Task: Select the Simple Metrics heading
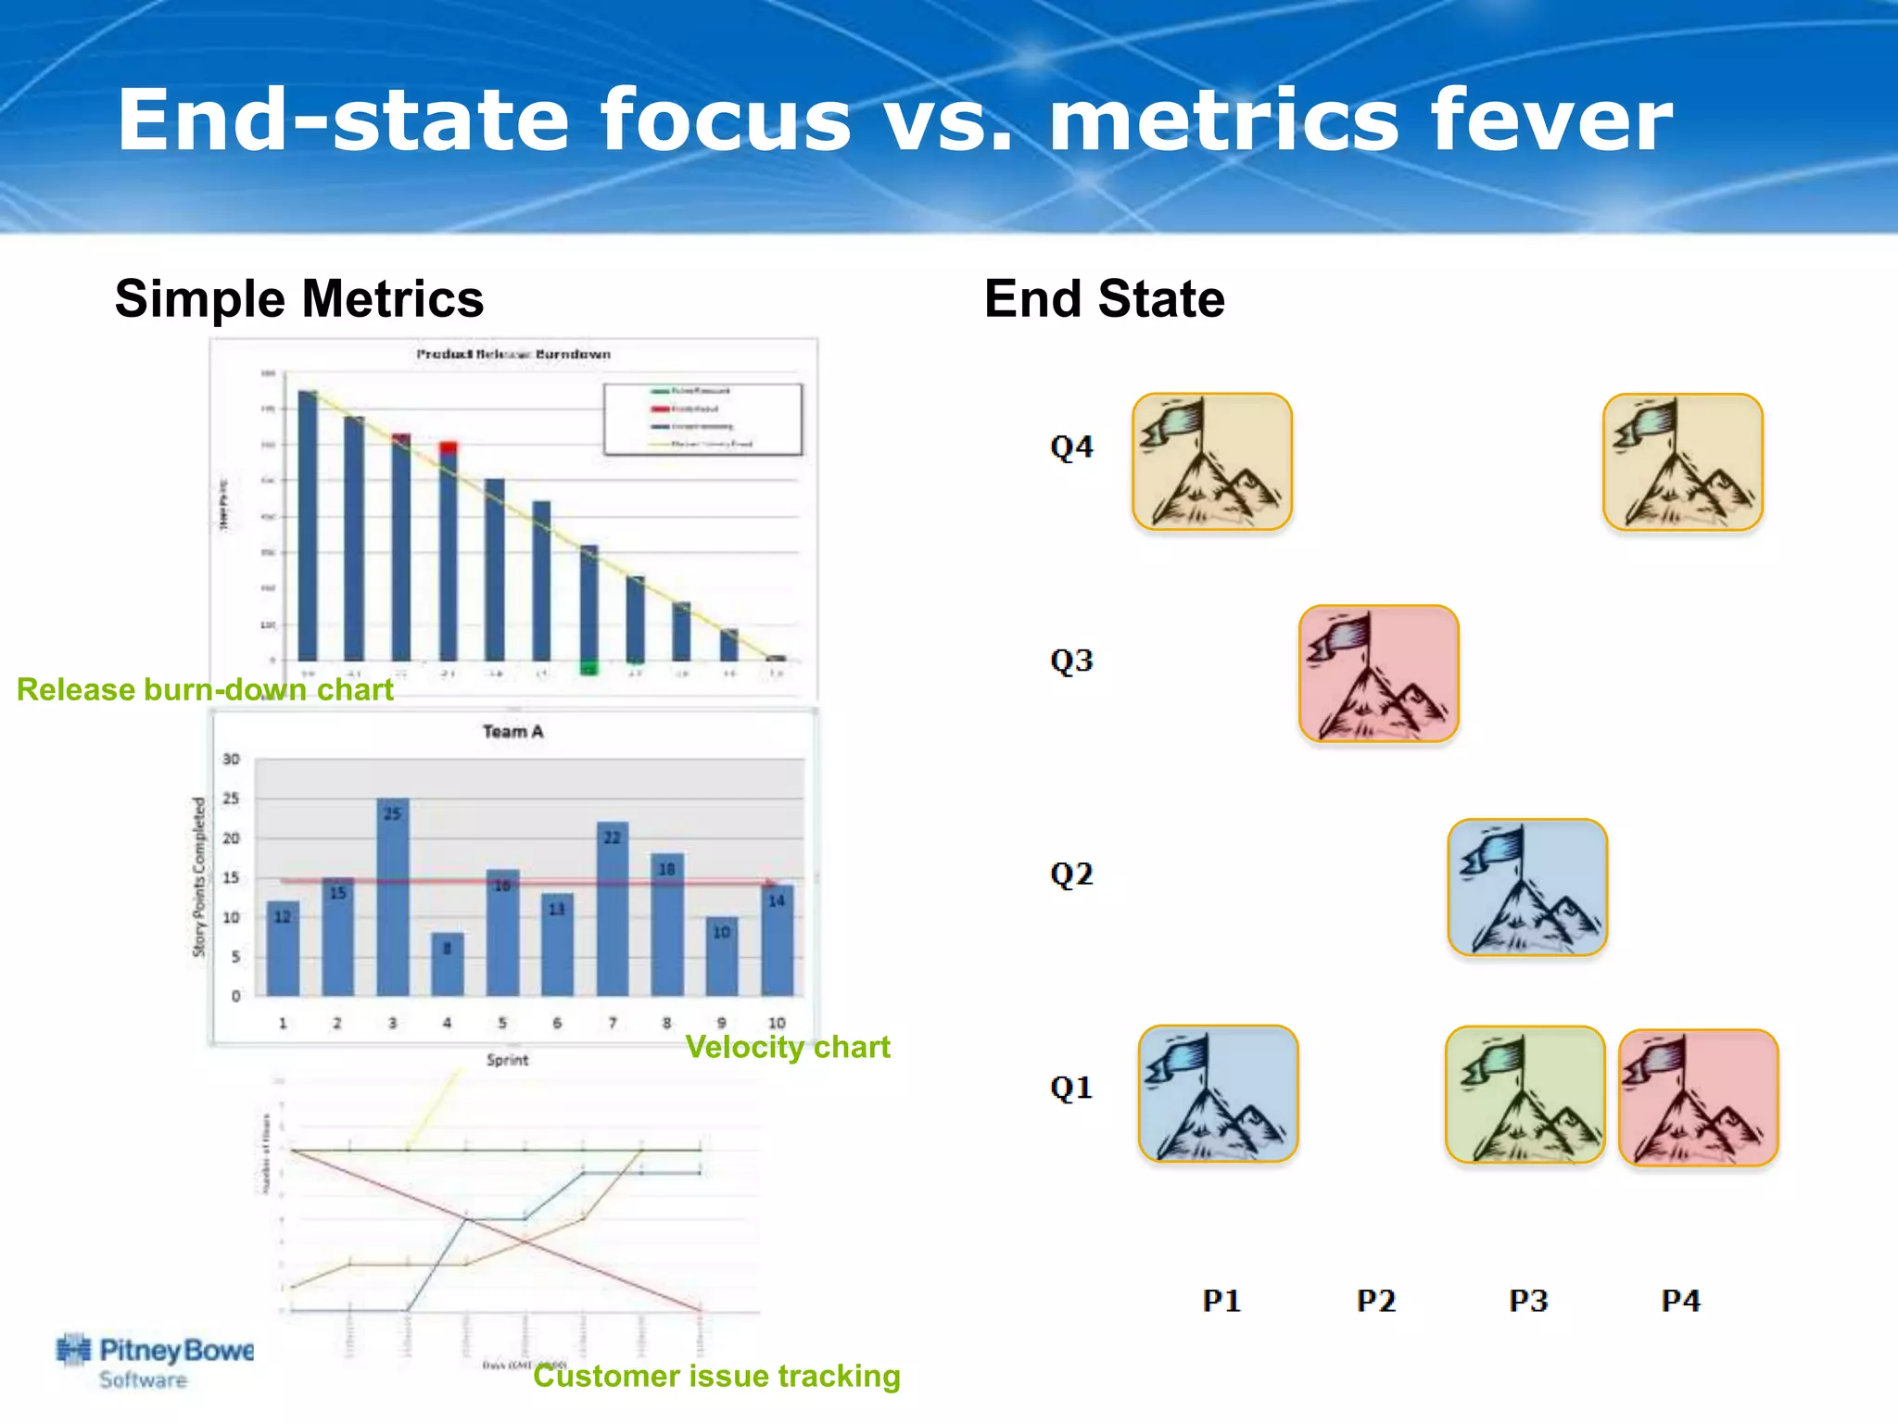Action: (x=299, y=299)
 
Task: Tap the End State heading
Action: (x=1104, y=299)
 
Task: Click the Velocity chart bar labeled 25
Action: (x=393, y=895)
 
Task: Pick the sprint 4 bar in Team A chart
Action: (x=448, y=963)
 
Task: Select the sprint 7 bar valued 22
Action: (x=613, y=908)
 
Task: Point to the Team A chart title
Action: (x=512, y=732)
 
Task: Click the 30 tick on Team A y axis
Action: (x=231, y=759)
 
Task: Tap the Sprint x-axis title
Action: (x=507, y=1060)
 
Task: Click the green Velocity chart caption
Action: (x=787, y=1047)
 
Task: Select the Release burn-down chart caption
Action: (x=205, y=690)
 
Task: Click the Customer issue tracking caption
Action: (x=716, y=1377)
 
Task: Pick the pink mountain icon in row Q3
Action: (x=1379, y=674)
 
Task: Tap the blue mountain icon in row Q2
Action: (x=1527, y=887)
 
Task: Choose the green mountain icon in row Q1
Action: (x=1525, y=1094)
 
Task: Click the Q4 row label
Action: (x=1071, y=447)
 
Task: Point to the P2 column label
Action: (x=1375, y=1301)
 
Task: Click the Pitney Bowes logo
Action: (x=155, y=1360)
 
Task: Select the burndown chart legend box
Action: (x=702, y=419)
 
